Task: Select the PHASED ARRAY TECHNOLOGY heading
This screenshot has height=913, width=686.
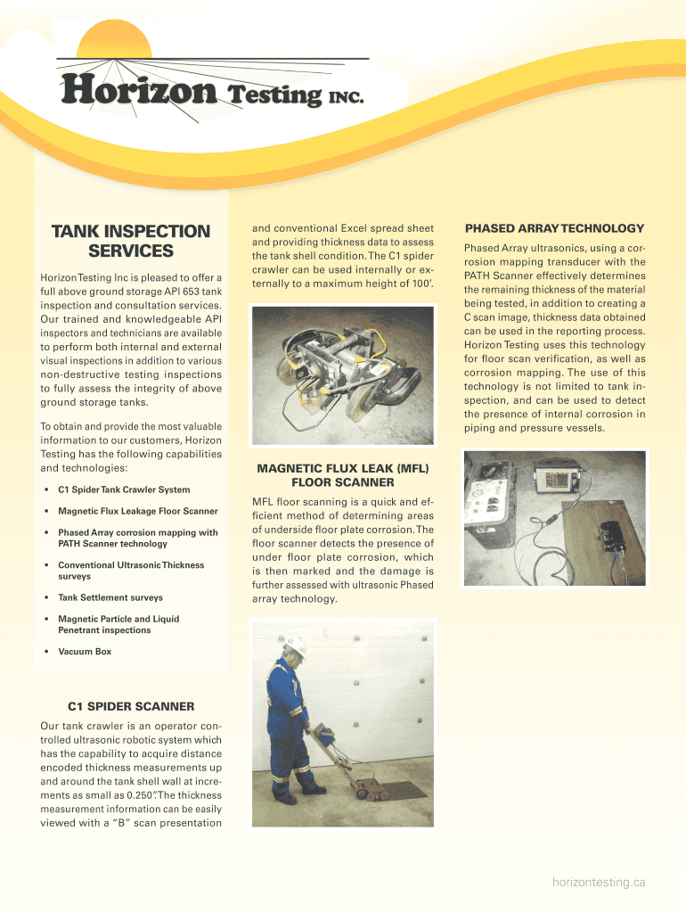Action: click(x=554, y=228)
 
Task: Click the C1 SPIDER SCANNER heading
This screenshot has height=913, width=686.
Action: click(x=131, y=707)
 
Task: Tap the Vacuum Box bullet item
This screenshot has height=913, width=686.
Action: click(x=85, y=652)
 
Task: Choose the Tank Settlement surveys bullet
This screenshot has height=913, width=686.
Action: click(x=110, y=597)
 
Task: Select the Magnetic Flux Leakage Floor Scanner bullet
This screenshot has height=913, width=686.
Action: click(x=137, y=511)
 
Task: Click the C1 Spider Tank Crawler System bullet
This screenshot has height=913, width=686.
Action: click(x=123, y=489)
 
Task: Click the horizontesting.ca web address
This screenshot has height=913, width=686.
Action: click(x=598, y=882)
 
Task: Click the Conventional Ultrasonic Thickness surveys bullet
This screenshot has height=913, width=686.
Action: click(x=130, y=571)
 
